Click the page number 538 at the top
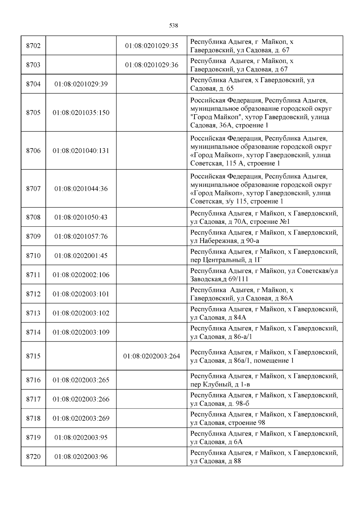174,26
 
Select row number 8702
33,46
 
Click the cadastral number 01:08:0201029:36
151,65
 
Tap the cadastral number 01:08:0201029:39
81,84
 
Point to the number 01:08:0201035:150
81,113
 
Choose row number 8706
33,151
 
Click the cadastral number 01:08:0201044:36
81,189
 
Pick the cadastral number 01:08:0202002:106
81,275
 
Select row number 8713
33,313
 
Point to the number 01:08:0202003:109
81,332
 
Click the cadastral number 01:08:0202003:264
151,356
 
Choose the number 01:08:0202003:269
81,418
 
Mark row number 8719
33,438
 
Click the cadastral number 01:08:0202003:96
81,457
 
